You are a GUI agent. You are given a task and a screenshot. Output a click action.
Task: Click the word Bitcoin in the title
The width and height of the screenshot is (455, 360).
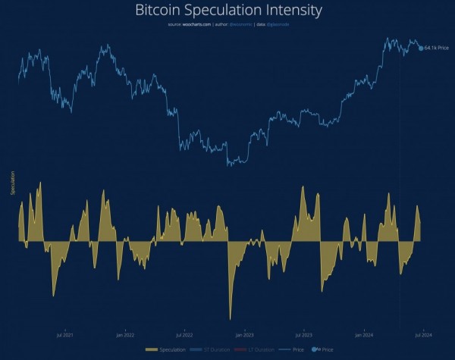tap(158, 11)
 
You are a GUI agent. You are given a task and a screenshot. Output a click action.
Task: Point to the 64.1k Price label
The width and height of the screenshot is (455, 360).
tap(438, 49)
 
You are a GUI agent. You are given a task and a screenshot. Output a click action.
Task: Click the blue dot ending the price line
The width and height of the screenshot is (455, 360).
tap(421, 49)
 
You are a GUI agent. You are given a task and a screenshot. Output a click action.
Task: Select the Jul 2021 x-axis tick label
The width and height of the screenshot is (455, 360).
tap(65, 333)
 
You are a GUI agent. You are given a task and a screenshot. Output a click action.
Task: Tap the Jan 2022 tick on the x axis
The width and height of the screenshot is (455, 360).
tap(125, 333)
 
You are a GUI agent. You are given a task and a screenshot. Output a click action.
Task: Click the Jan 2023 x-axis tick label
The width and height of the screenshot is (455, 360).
tap(244, 333)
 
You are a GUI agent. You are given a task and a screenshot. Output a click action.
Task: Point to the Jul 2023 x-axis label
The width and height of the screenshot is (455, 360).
tap(303, 333)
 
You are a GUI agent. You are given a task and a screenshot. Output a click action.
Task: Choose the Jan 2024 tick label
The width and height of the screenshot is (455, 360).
tap(363, 333)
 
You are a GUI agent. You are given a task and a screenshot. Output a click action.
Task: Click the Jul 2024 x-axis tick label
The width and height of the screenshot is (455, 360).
tap(422, 333)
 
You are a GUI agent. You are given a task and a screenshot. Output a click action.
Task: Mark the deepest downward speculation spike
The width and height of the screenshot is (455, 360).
tap(230, 318)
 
